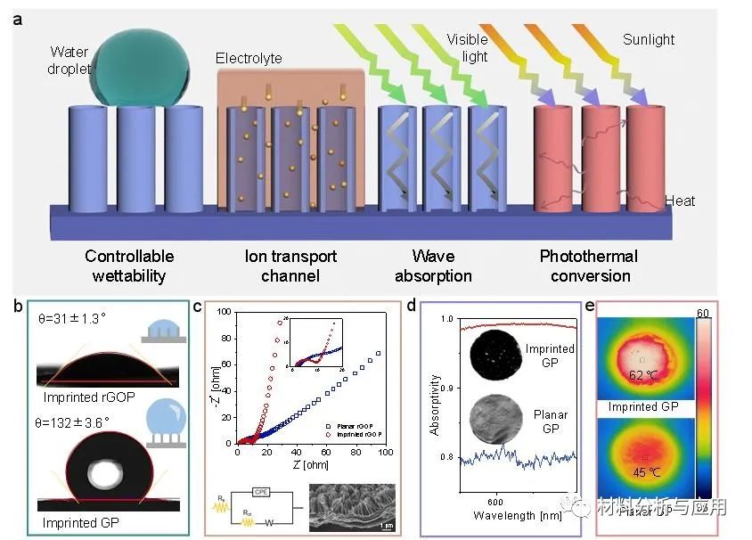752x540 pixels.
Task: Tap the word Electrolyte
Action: coord(249,59)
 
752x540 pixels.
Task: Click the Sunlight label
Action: coord(649,39)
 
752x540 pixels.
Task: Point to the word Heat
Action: coord(680,202)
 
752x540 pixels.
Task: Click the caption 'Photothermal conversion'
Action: coord(589,266)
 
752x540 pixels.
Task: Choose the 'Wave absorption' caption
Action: coord(437,266)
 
